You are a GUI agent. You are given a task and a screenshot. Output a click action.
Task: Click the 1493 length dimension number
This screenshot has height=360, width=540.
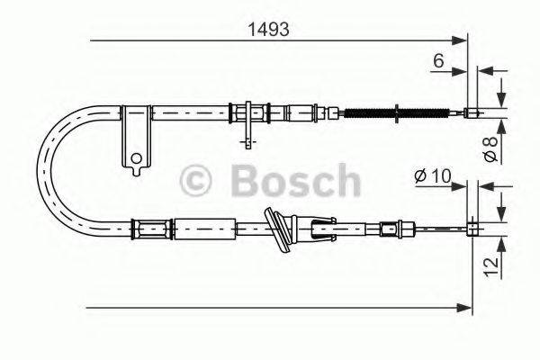pyautogui.click(x=268, y=30)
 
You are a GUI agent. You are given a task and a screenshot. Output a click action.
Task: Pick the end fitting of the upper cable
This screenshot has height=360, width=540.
pyautogui.click(x=471, y=112)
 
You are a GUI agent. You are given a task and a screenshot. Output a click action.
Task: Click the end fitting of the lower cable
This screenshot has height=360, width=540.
pyautogui.click(x=470, y=229)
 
